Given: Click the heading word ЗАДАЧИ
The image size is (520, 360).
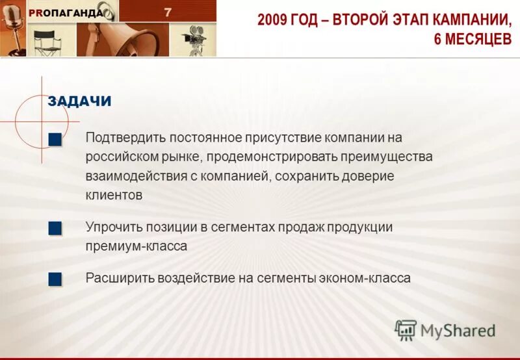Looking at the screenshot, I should [79, 101].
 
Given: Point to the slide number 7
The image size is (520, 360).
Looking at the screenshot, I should [168, 12].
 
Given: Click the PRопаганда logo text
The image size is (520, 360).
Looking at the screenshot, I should [65, 14].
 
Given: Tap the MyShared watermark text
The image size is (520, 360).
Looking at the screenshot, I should [458, 330].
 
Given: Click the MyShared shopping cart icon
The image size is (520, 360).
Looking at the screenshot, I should [406, 330].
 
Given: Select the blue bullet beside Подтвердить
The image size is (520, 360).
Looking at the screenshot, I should [55, 139].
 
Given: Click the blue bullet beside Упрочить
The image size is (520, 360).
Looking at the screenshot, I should [55, 228].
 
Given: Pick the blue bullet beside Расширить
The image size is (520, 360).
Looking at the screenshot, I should [55, 279].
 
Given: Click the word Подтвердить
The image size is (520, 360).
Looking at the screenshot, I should [125, 138].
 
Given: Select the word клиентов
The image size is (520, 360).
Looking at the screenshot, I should [114, 195].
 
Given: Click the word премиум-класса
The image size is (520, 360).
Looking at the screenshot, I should [136, 246].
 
